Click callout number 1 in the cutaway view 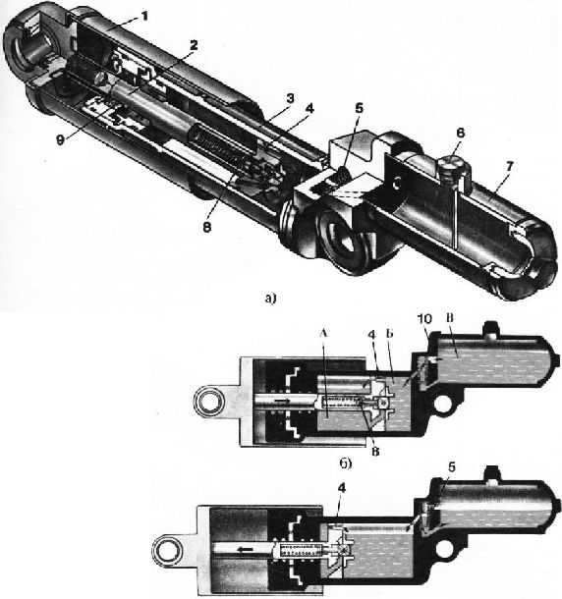click(143, 17)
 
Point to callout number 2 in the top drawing click(194, 45)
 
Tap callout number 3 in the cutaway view click(291, 98)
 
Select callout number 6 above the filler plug click(460, 133)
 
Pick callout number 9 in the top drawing click(60, 140)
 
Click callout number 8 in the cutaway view click(206, 227)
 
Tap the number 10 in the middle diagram click(424, 319)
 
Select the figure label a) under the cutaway click(270, 298)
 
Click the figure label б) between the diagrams click(345, 463)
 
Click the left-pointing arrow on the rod click(245, 550)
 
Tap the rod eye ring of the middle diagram click(207, 402)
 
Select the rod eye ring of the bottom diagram click(167, 550)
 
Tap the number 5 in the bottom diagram click(452, 467)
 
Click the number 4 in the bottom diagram click(341, 488)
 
